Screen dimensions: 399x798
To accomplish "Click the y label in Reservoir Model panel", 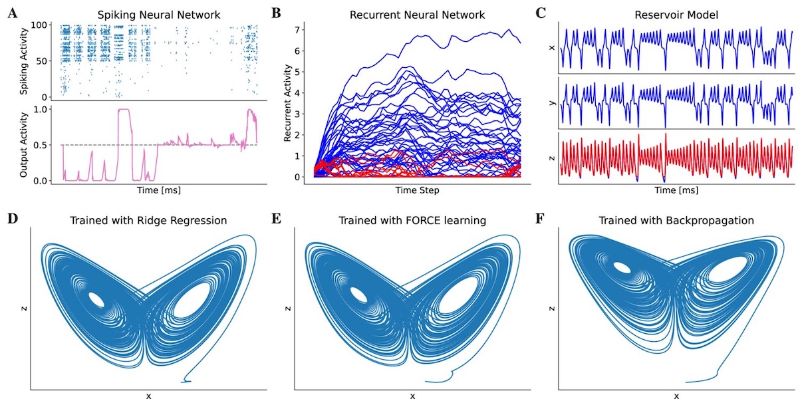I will coord(549,103).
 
